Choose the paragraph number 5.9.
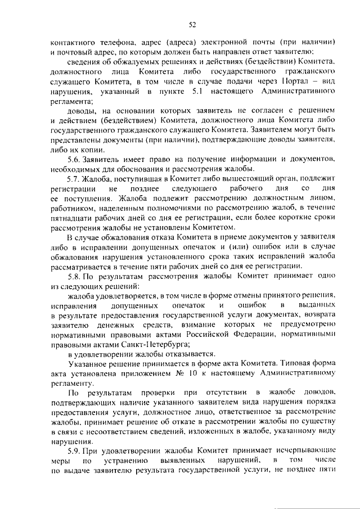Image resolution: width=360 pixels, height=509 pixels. pyautogui.click(x=73, y=451)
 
